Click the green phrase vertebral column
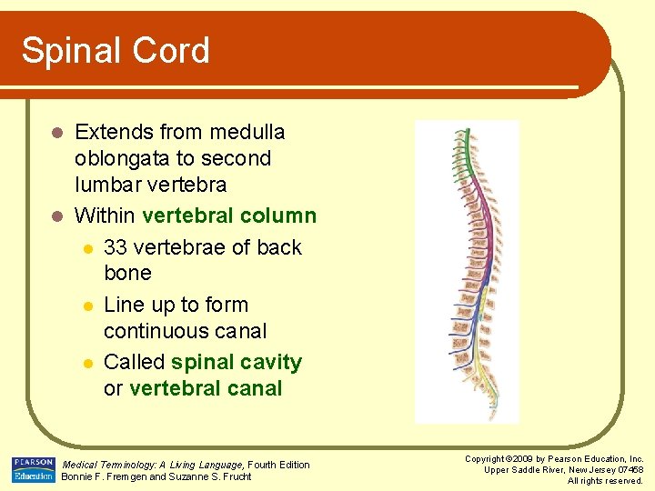pyautogui.click(x=229, y=215)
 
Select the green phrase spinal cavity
pyautogui.click(x=236, y=362)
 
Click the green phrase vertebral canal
pyautogui.click(x=206, y=388)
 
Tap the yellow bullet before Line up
pyautogui.click(x=87, y=305)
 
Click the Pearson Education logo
pyautogui.click(x=34, y=470)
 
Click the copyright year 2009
pyautogui.click(x=518, y=459)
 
